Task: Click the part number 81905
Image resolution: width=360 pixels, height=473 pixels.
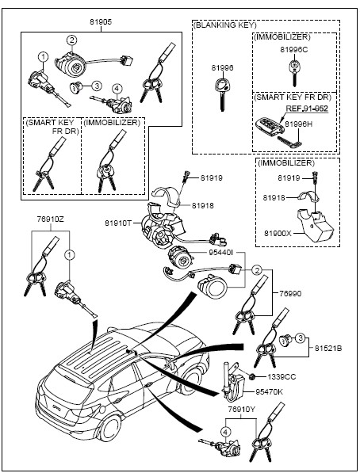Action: click(x=101, y=22)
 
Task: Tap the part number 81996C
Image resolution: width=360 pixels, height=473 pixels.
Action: click(x=293, y=50)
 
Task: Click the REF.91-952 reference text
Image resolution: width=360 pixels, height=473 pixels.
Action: click(x=307, y=109)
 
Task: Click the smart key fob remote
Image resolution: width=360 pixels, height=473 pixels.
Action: click(x=270, y=127)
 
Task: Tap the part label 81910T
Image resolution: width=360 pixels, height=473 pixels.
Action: click(x=118, y=223)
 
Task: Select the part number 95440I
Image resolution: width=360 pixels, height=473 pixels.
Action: click(x=221, y=252)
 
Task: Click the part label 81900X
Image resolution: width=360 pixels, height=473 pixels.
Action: click(x=278, y=233)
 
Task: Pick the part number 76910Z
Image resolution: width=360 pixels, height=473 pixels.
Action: click(x=51, y=219)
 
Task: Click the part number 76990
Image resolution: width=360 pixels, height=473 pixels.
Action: click(x=290, y=293)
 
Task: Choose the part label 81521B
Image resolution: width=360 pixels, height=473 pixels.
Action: click(x=328, y=348)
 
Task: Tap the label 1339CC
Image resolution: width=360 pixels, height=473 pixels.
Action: click(x=281, y=376)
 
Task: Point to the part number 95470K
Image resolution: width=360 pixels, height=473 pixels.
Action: click(x=270, y=392)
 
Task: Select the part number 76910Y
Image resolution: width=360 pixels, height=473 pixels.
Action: click(x=242, y=410)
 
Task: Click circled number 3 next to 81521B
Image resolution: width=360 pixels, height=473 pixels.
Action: click(x=300, y=338)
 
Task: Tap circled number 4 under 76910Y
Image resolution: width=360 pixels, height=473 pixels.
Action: click(x=226, y=432)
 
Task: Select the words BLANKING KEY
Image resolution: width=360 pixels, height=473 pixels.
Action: click(x=225, y=25)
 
